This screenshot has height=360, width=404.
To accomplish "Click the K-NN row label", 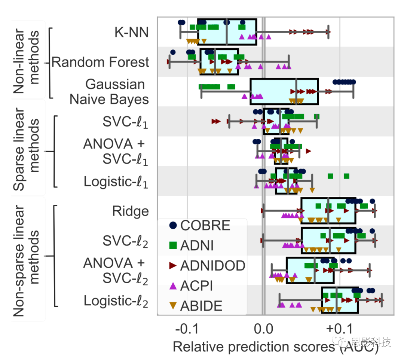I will click(x=132, y=32).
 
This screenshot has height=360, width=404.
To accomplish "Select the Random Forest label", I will click(x=100, y=62).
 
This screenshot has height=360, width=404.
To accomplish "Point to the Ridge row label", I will click(x=130, y=211).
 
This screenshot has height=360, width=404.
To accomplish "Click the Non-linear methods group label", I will click(x=26, y=61).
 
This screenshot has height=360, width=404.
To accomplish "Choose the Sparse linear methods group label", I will click(x=26, y=150).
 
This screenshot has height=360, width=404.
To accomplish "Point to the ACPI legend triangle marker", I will click(x=173, y=286).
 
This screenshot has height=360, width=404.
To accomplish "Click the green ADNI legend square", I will click(x=173, y=245).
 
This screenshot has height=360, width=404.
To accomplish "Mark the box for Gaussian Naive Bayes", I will click(x=284, y=91).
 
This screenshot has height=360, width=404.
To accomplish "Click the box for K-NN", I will click(x=227, y=32).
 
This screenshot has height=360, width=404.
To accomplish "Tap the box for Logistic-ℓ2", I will click(x=340, y=300).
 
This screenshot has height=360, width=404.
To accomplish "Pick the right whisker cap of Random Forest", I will click(x=289, y=61).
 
